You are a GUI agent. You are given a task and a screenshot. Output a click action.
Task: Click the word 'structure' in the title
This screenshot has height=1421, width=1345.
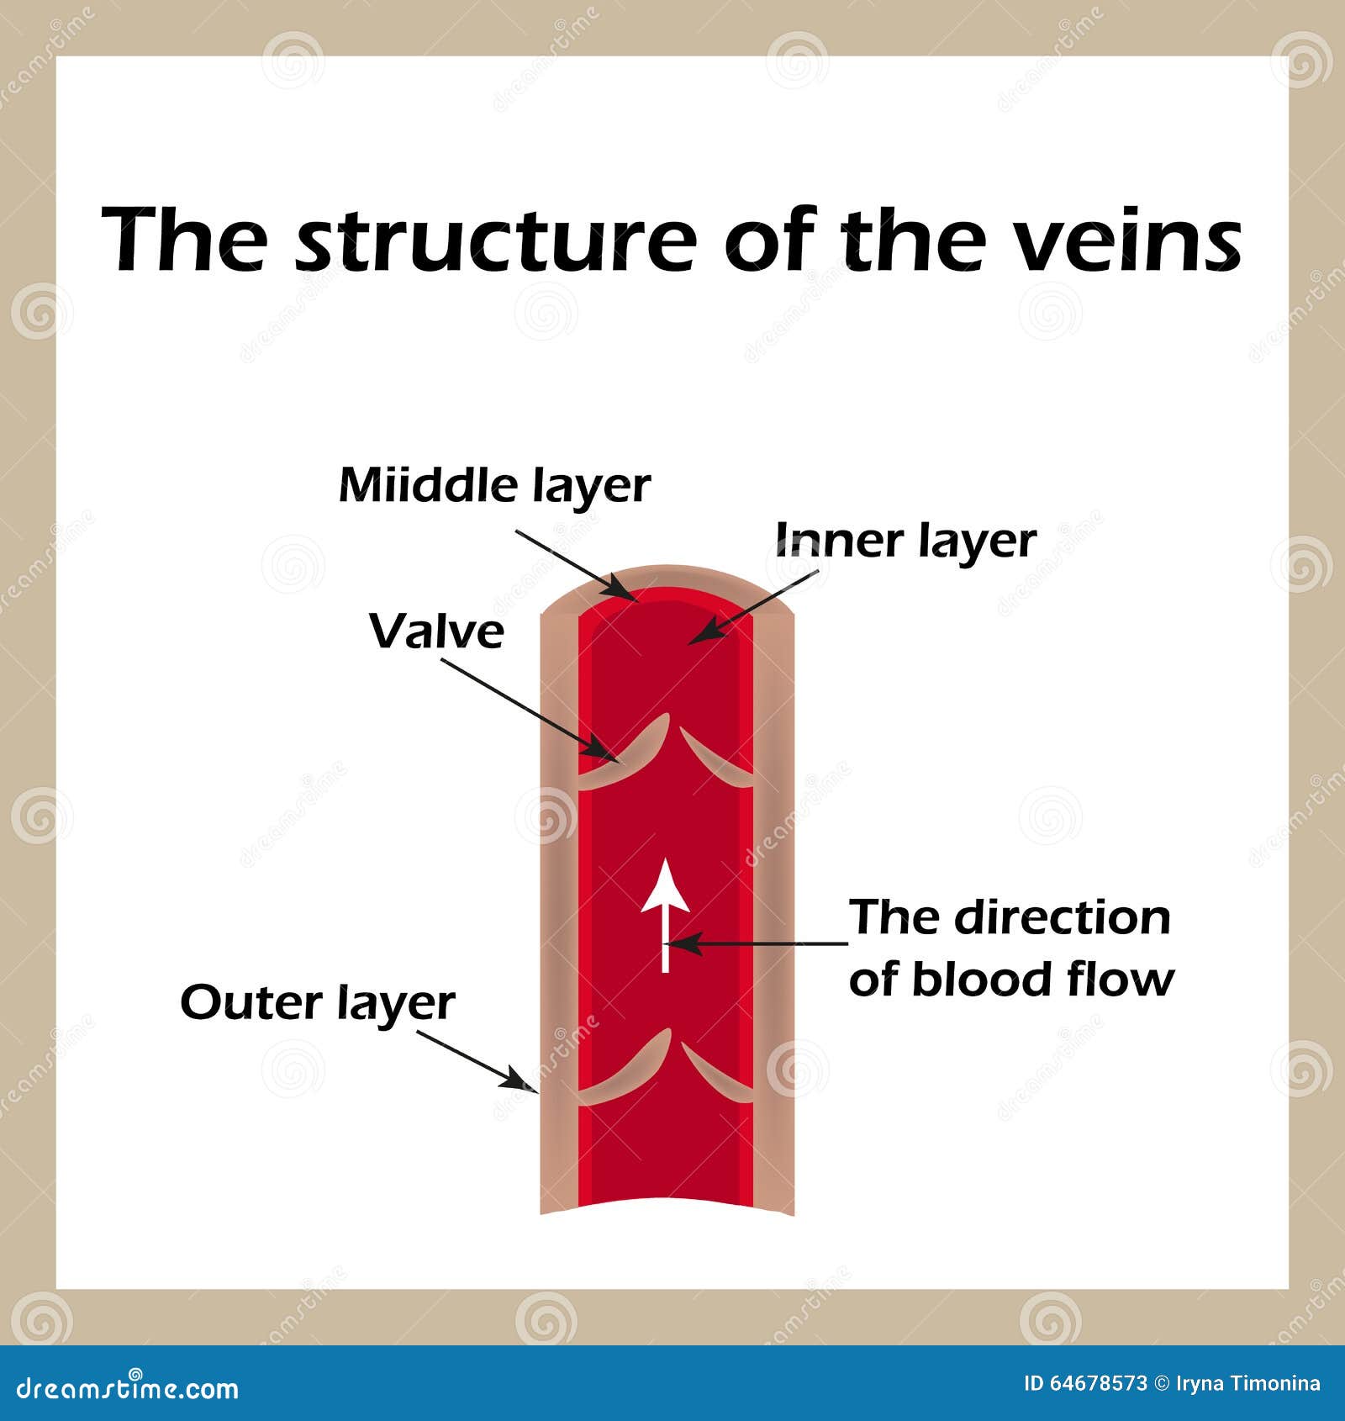pyautogui.click(x=496, y=241)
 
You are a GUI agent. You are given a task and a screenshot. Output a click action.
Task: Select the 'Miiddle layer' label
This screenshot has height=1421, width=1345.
pyautogui.click(x=494, y=486)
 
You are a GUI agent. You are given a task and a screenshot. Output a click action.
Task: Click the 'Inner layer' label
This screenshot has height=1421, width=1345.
pyautogui.click(x=905, y=541)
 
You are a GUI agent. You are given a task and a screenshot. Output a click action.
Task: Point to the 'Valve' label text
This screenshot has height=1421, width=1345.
pyautogui.click(x=436, y=631)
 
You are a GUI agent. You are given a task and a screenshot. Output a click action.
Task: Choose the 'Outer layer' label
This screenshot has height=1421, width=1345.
pyautogui.click(x=318, y=1003)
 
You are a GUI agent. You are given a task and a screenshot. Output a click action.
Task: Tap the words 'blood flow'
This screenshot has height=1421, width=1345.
pyautogui.click(x=1042, y=980)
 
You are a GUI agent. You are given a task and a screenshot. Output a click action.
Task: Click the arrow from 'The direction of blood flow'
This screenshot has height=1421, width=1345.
pyautogui.click(x=757, y=943)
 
